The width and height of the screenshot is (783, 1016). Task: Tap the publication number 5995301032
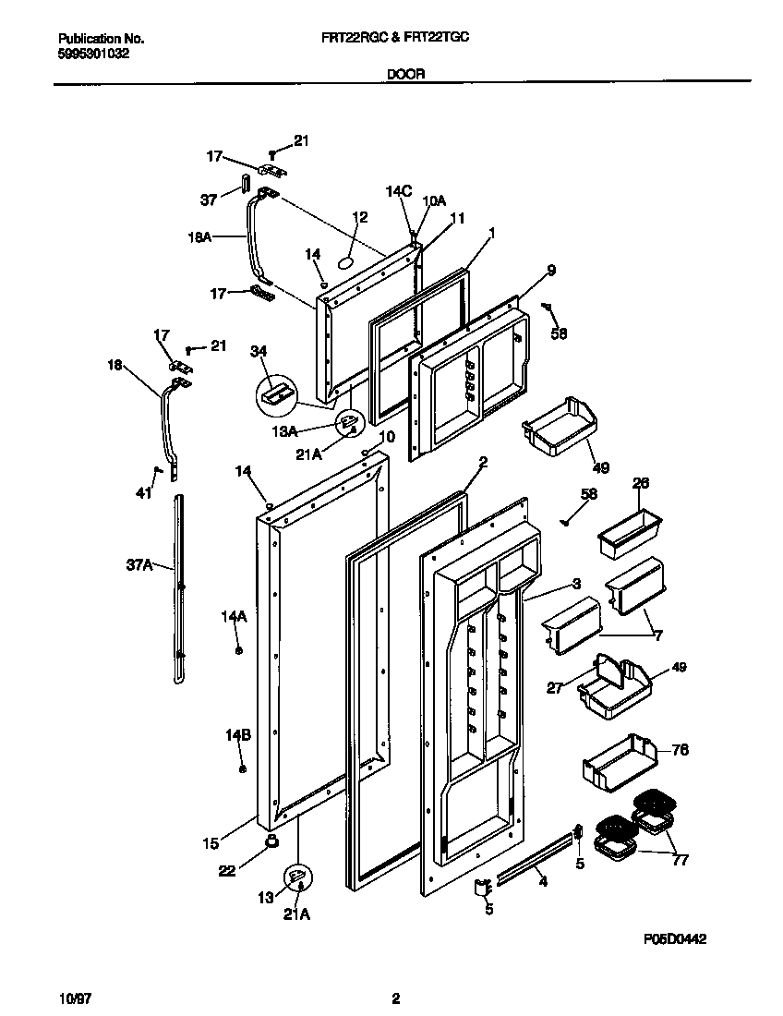pos(93,54)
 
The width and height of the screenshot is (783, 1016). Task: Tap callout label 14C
pos(398,191)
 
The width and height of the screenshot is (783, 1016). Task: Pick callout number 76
pos(679,750)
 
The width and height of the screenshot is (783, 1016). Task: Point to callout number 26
pos(642,483)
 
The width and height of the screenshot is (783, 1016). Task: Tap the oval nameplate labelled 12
pos(347,262)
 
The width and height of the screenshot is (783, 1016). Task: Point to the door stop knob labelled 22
pos(272,839)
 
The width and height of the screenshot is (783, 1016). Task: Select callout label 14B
pos(238,735)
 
